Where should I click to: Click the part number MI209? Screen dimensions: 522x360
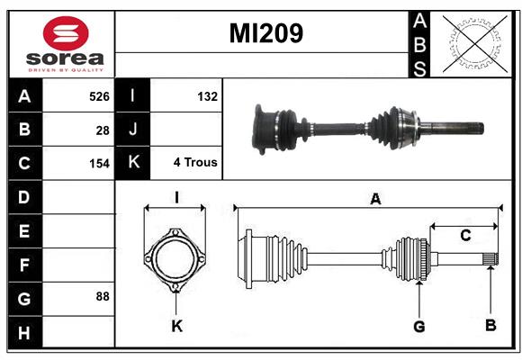266,33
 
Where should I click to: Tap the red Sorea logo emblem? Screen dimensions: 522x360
66,33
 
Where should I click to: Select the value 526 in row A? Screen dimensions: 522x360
99,96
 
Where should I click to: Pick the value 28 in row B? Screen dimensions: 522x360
103,130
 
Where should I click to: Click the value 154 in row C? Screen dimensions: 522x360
99,164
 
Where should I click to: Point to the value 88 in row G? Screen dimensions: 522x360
103,296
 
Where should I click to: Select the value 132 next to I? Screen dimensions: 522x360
207,96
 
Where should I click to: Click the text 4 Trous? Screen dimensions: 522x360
195,162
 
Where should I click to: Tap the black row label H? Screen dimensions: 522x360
24,333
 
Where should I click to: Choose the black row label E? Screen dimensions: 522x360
24,230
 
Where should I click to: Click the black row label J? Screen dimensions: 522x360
133,129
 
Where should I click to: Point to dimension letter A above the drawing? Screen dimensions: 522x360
375,199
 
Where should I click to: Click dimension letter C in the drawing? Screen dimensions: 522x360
465,236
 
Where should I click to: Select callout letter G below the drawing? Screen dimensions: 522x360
419,327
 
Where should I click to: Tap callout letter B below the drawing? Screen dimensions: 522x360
490,325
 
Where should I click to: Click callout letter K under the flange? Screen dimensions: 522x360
176,326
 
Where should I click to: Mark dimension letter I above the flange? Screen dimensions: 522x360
176,197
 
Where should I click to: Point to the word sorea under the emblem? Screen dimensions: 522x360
65,58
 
